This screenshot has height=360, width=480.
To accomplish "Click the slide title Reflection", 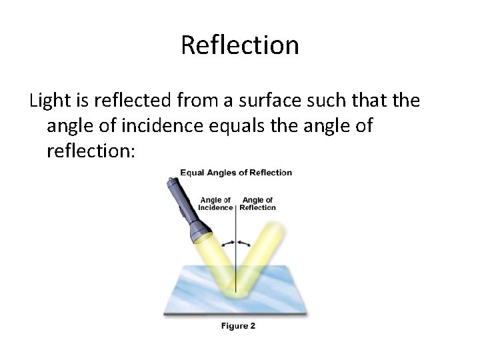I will (239, 45).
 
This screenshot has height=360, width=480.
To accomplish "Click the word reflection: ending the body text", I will (91, 151).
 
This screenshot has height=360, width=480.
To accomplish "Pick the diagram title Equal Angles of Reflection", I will (236, 173).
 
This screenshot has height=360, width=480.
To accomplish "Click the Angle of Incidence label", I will (215, 203).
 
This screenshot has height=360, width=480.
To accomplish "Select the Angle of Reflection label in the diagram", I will (257, 203).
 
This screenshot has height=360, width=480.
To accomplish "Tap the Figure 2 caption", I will (238, 326).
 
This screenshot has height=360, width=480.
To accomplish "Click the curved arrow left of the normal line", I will (229, 242).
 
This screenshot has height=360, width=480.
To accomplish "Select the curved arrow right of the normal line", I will (245, 242).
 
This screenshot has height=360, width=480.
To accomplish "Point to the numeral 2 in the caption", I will (253, 326).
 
